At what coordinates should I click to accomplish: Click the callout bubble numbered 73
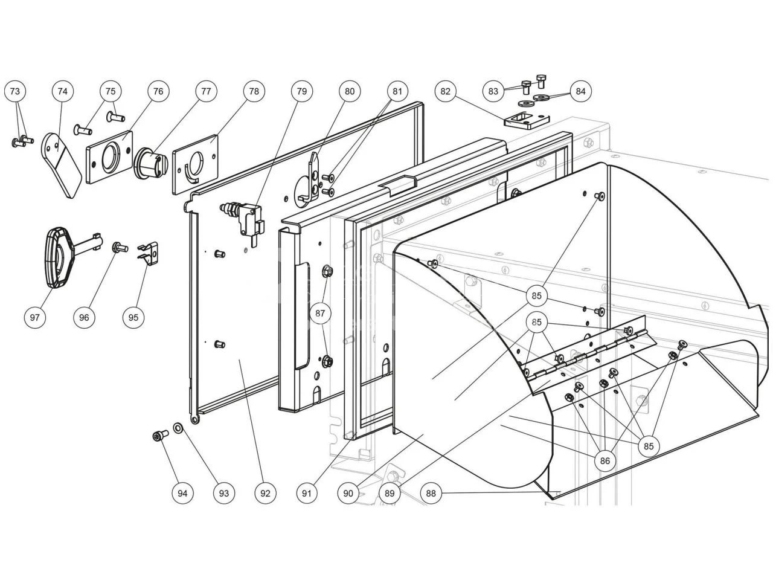coord(15,91)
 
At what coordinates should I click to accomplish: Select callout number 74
coord(62,91)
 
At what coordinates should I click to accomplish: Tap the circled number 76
coord(158,91)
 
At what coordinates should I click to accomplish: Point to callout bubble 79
coord(301,91)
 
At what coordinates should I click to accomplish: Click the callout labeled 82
coord(446,91)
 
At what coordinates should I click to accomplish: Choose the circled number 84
coord(580,91)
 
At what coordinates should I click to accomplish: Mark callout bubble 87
coord(320,313)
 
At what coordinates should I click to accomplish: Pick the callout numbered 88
coord(431,493)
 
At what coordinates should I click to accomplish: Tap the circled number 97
coord(36,317)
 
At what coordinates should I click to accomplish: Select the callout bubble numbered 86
coord(605,461)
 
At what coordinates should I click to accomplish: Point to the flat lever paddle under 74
coord(62,164)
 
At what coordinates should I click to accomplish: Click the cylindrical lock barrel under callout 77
coord(150,163)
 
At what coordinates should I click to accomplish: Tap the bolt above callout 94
coord(160,435)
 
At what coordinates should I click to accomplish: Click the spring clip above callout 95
coord(148,253)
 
